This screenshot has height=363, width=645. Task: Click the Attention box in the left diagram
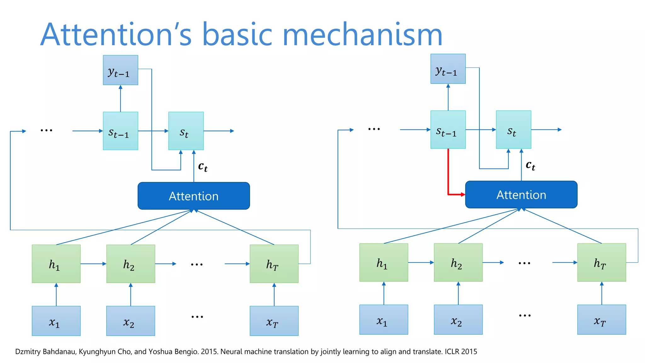194,196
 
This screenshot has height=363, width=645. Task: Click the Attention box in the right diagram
521,194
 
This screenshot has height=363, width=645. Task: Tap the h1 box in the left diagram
56,264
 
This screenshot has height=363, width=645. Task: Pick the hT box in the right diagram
602,262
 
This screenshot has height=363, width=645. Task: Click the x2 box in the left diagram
131,321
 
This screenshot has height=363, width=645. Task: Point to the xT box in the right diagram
602,320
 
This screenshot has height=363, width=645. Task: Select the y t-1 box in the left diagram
120,70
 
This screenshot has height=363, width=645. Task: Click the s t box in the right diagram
513,130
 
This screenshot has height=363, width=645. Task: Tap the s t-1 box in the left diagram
120,131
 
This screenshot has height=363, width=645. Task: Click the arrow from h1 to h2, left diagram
93,264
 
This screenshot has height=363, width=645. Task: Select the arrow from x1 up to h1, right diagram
384,293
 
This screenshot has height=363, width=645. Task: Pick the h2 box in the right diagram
458,262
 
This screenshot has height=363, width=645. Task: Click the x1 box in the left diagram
56,321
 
